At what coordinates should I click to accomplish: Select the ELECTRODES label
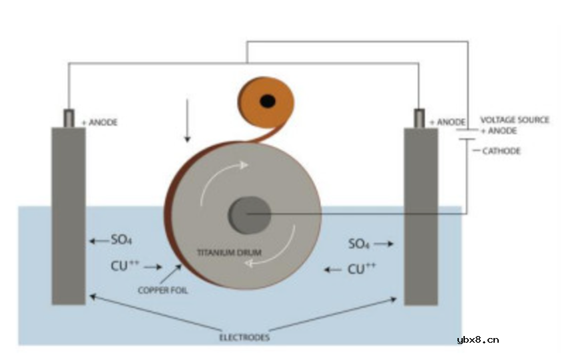(244, 337)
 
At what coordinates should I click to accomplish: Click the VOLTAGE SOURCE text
(515, 120)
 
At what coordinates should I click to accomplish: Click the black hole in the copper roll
(268, 101)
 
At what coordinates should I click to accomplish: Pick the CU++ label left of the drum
(125, 266)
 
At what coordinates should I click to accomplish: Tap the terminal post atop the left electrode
(69, 118)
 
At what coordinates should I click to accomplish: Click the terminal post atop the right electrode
(420, 118)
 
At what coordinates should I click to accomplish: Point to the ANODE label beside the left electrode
(99, 123)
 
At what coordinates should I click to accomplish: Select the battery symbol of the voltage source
(466, 136)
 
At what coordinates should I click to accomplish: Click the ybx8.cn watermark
(477, 340)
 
